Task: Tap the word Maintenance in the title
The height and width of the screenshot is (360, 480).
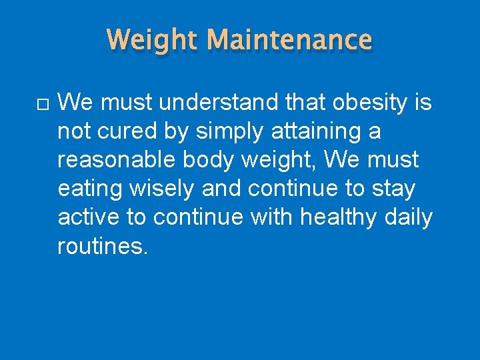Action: [289, 40]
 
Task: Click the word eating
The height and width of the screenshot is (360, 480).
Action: [90, 189]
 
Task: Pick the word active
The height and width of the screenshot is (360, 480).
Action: [89, 218]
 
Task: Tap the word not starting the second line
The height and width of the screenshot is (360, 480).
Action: [73, 132]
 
